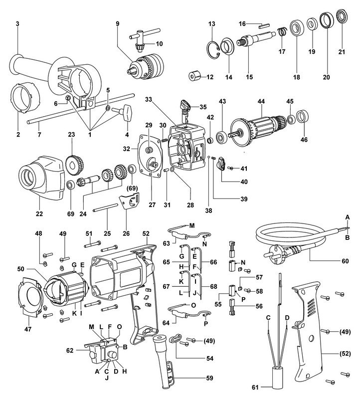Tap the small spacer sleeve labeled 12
tap(194, 78)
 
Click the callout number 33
tap(148, 100)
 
